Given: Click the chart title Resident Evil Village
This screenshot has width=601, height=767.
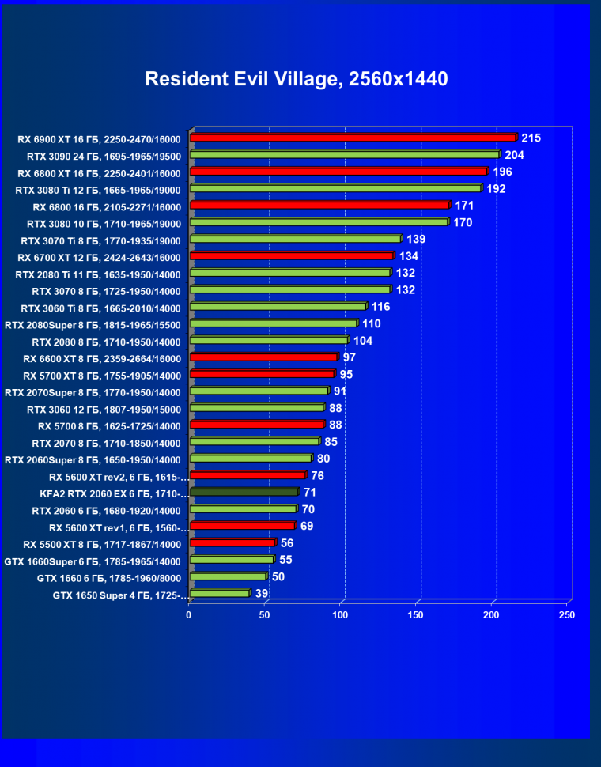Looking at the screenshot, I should tap(297, 79).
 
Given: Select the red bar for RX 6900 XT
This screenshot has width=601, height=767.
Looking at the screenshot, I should tap(353, 138).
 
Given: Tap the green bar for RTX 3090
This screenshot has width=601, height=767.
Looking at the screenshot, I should tap(345, 155).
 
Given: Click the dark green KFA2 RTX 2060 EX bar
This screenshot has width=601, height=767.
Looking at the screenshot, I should tap(244, 492).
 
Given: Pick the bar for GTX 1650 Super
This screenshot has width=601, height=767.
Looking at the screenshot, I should tap(220, 593).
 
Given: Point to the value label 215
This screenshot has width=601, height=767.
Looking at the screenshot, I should tap(531, 138).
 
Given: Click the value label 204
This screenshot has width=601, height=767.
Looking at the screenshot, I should tap(515, 155).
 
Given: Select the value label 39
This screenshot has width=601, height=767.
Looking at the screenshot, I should tap(262, 594).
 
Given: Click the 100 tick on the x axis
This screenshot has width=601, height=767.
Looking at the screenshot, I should tap(341, 614).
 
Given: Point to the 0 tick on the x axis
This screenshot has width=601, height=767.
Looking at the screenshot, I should tap(189, 614).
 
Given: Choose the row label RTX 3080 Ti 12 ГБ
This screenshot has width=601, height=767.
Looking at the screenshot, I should tap(98, 190).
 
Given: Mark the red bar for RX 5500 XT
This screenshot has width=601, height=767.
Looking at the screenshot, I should tap(232, 543).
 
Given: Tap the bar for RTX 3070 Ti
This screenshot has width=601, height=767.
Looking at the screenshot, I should tap(295, 239).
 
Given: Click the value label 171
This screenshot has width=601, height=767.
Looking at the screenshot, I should tap(465, 206).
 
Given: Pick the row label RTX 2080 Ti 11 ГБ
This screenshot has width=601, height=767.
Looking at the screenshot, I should tap(98, 274).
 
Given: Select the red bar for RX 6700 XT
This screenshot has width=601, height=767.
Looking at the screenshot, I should tap(291, 256).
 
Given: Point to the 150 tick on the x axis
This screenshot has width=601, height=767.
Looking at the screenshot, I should tap(416, 614).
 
